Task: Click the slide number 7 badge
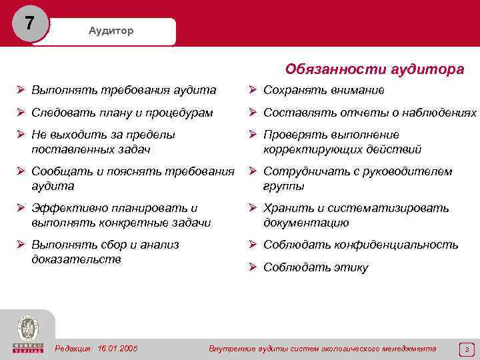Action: pos(29,23)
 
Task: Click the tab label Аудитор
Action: pos(111,31)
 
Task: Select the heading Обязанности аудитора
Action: pos(374,69)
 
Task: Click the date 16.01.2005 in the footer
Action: pos(117,349)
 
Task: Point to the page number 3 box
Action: pos(467,349)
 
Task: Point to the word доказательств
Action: pos(76,259)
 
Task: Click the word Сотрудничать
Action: pos(303,171)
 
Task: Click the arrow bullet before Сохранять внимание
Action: pos(253,90)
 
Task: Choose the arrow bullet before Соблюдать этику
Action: pos(253,268)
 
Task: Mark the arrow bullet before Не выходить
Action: pos(21,135)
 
